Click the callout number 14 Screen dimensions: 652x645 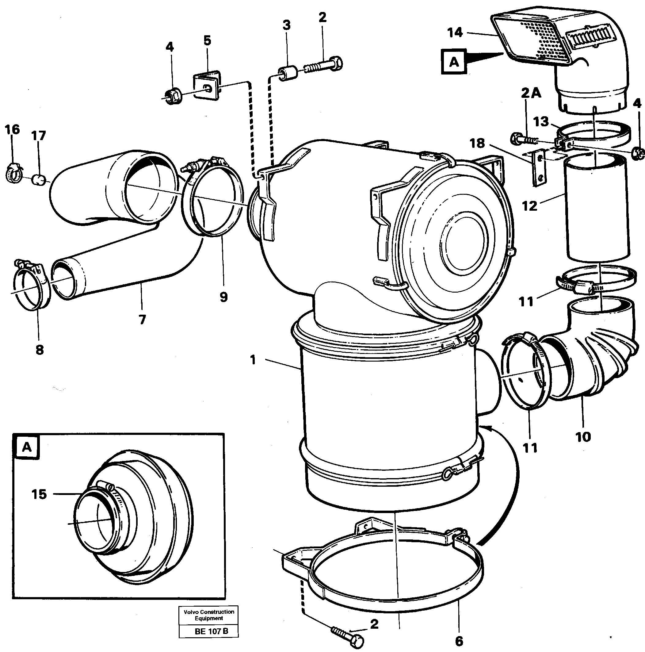tap(455, 33)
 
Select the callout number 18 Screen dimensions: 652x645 tap(477, 144)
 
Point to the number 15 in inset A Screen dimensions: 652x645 tap(39, 494)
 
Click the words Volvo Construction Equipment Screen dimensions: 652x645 tap(208, 615)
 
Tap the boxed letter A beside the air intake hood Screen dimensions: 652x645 tap(454, 62)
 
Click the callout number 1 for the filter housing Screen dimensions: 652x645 tap(253, 360)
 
